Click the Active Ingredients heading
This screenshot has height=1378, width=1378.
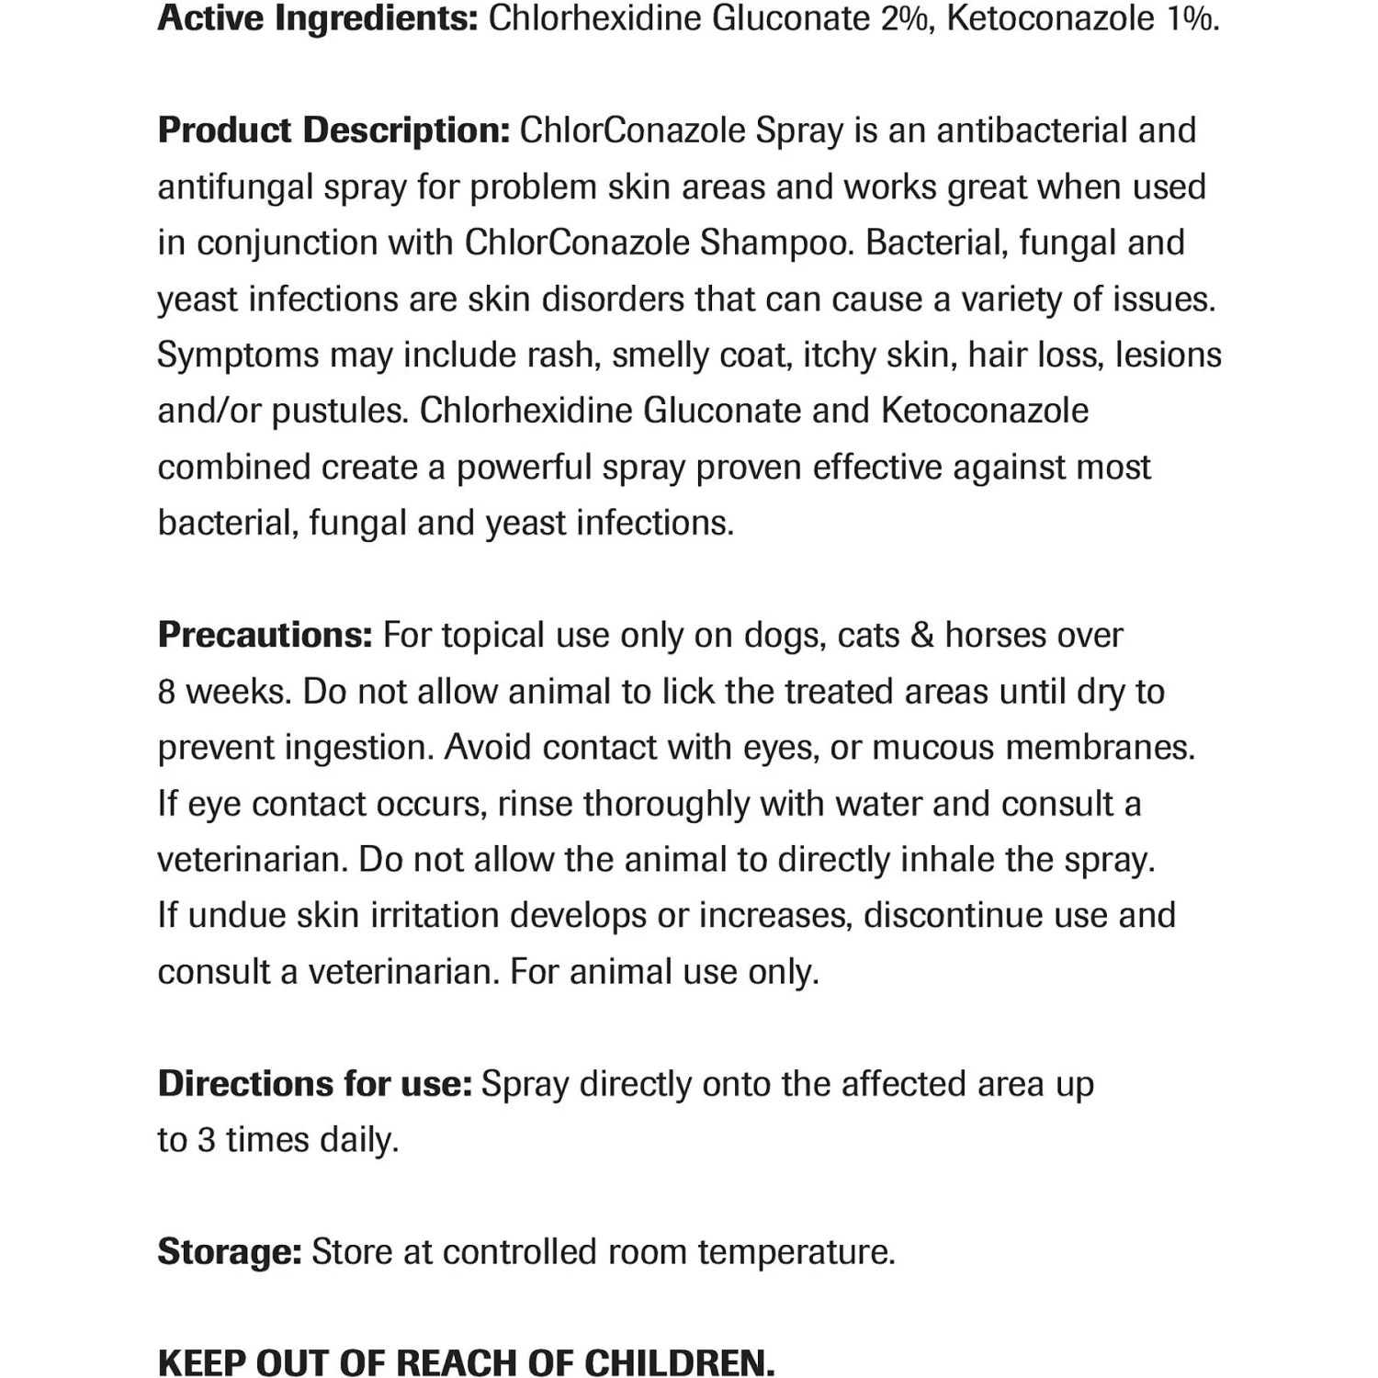click(317, 18)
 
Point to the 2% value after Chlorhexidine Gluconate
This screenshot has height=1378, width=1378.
click(904, 18)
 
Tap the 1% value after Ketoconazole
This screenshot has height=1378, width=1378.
click(1192, 18)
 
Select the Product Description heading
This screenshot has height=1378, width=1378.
click(333, 130)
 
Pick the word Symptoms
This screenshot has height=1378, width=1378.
click(238, 356)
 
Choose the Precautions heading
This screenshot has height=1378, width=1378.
click(265, 635)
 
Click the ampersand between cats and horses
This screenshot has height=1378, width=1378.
click(921, 636)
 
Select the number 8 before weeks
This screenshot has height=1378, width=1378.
click(166, 692)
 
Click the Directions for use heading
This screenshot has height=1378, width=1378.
click(314, 1084)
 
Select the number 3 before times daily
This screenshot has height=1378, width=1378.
click(207, 1140)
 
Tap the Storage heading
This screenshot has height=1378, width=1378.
click(230, 1252)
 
